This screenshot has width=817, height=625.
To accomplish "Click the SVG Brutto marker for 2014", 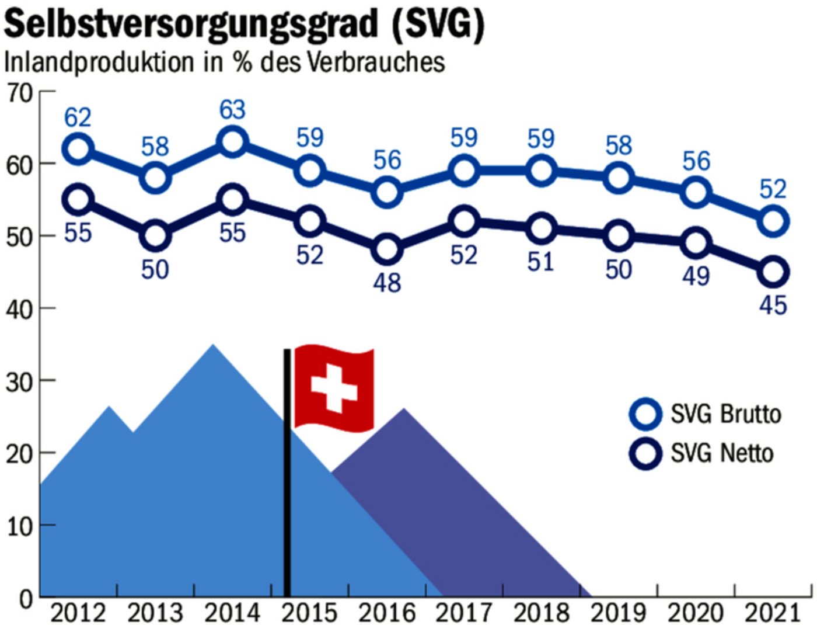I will pos(232,142).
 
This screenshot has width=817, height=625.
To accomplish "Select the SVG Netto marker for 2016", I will pos(386,250).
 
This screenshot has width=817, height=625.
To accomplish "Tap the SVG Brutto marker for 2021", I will pos(773,221).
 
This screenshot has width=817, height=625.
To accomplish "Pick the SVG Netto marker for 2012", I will pos(78,200).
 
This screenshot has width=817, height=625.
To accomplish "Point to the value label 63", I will pos(232,110).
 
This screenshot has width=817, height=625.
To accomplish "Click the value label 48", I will pos(387,283).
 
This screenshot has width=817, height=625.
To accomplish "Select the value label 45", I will pos(773,305).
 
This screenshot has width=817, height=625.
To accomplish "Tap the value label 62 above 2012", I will pos(78,117).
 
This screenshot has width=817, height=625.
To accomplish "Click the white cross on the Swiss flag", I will pos(333,388).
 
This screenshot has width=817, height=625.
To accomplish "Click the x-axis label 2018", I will pos(540,612).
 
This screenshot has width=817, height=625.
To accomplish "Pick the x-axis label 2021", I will pos(773,612).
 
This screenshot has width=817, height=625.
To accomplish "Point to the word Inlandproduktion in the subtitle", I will pos(99,62).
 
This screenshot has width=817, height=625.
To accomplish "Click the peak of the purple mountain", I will pos(404,409).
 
